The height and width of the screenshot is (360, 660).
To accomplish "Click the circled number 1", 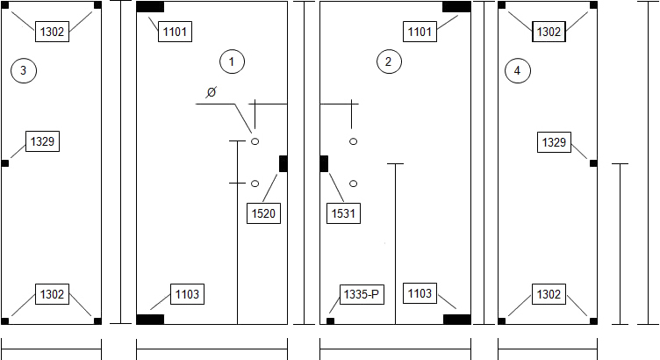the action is click(232, 61).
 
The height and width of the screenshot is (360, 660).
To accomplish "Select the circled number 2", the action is click(389, 61).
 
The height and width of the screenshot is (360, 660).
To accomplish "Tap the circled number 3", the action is click(24, 70).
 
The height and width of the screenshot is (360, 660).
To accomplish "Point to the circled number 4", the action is click(517, 70).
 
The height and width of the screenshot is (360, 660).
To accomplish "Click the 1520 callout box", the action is click(263, 213).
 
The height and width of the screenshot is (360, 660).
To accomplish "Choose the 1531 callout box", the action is click(343, 213).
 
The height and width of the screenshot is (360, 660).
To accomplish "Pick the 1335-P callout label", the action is click(362, 294).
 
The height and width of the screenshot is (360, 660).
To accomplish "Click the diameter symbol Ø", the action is click(212, 92).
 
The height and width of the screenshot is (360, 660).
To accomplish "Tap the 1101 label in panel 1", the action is click(176, 32).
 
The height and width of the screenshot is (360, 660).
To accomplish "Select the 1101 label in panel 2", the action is click(420, 32).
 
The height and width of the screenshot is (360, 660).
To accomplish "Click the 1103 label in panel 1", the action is click(187, 294).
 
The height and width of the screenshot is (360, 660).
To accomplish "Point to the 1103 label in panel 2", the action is click(420, 293).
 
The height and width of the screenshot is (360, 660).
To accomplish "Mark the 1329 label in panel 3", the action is click(42, 141).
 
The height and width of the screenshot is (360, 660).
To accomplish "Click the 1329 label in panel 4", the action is click(555, 142).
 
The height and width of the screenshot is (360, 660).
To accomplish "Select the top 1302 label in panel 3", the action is click(52, 32).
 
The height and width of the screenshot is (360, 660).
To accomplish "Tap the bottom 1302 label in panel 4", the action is click(549, 294).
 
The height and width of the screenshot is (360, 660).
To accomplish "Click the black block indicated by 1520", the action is click(283, 163).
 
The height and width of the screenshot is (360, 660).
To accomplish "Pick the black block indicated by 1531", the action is click(324, 163).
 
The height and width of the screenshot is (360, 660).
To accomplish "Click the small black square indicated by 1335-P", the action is click(330, 320).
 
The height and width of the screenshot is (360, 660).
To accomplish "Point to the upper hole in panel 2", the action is click(353, 141).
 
